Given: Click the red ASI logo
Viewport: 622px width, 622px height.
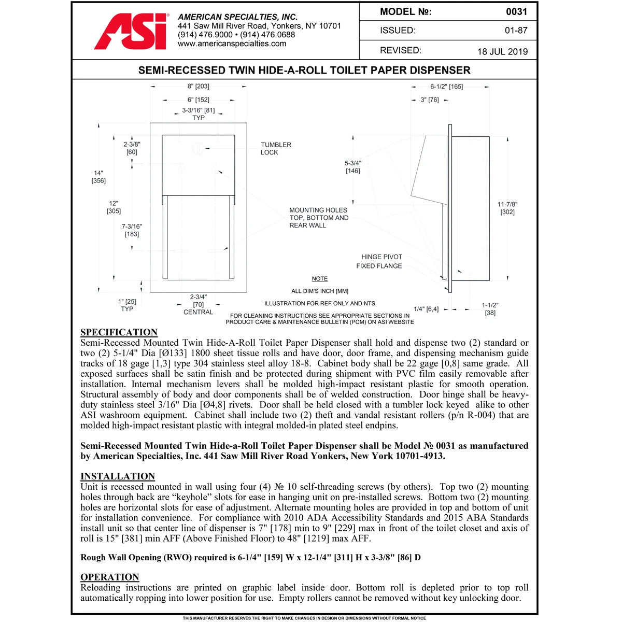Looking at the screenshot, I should click(131, 32).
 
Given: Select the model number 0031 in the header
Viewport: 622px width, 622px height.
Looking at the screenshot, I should click(516, 12).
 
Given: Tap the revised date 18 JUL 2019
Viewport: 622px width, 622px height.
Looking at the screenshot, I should click(502, 51).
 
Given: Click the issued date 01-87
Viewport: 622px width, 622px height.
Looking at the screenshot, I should click(516, 31).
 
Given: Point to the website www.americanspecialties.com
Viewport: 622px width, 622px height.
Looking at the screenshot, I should click(232, 44).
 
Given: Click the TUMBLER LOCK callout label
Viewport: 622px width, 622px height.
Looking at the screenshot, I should click(276, 149).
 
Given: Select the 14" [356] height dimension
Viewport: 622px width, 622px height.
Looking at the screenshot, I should click(98, 177).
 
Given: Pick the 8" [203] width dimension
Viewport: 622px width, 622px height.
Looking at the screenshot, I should click(198, 87).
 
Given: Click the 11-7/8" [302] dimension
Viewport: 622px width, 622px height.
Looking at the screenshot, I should click(507, 208).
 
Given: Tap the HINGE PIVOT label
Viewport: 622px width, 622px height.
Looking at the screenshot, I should click(381, 257).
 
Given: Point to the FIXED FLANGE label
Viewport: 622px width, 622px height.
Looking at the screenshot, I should click(379, 266).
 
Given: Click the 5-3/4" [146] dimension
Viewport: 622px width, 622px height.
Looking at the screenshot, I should click(353, 167).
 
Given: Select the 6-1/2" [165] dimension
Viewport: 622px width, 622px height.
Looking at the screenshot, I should click(446, 87).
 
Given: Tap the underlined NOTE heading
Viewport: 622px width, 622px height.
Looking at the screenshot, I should click(320, 279).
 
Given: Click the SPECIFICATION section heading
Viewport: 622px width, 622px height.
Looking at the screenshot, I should click(119, 332).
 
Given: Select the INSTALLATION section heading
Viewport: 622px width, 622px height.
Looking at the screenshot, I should click(118, 476).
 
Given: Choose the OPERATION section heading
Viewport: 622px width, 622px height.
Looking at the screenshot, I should click(109, 577).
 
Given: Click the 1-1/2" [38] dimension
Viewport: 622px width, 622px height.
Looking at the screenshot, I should click(490, 309).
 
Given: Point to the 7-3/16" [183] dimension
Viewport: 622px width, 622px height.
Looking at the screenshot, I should click(132, 230).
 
